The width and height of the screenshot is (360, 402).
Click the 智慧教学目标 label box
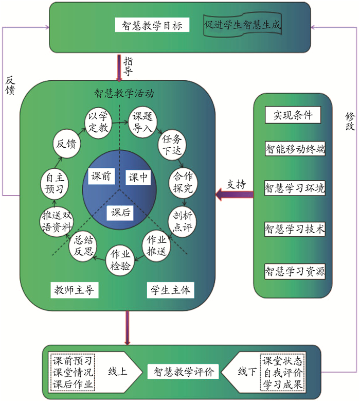(153, 25)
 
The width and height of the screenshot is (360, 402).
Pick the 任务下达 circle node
(172, 145)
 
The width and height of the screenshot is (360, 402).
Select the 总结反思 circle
(83, 246)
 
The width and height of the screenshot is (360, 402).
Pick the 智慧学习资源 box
(295, 271)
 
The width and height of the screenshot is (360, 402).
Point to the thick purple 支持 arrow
(234, 195)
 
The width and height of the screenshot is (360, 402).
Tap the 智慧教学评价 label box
(184, 371)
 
